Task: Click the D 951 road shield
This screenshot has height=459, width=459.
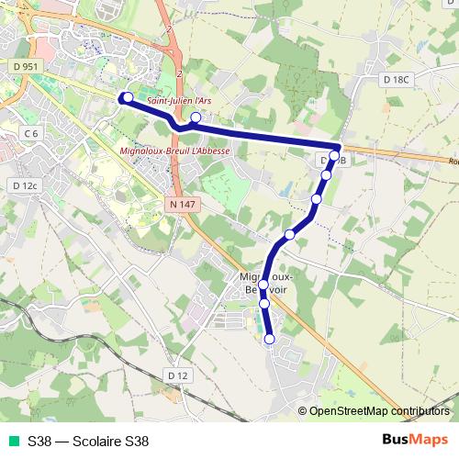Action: (x=27, y=66)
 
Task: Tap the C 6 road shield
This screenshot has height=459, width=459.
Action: (x=31, y=134)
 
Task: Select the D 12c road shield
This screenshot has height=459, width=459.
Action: (x=26, y=185)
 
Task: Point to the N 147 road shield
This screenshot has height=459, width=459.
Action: (x=184, y=204)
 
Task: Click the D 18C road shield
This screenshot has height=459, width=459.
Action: (x=395, y=80)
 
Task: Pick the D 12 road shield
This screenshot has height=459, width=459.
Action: (x=178, y=375)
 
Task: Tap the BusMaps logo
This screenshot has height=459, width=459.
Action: (x=416, y=440)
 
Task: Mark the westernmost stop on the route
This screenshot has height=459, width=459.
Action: (x=128, y=97)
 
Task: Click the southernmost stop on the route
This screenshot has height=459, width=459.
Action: (x=269, y=340)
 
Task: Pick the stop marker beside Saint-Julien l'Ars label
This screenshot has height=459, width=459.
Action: (x=196, y=118)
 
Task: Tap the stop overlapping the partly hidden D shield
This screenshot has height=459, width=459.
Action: (x=333, y=155)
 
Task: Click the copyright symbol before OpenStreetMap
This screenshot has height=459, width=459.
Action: (x=302, y=412)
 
